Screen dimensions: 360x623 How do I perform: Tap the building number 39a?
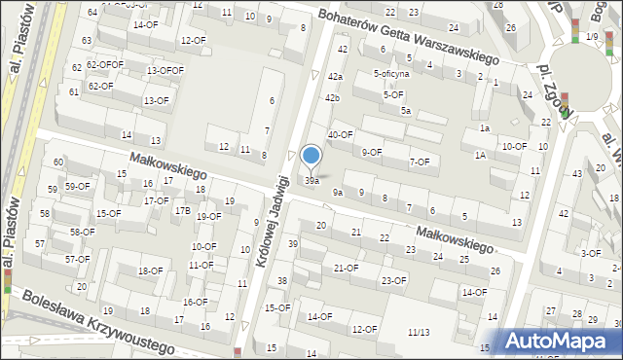(311, 181)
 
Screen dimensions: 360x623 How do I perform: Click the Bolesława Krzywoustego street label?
(97, 322)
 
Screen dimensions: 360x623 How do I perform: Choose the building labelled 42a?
(335, 76)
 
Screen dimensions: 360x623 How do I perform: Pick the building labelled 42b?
(333, 98)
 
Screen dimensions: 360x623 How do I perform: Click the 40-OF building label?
(340, 135)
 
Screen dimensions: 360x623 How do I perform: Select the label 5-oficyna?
(391, 73)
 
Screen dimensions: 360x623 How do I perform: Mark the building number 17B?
(182, 210)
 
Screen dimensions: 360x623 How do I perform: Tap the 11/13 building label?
(420, 332)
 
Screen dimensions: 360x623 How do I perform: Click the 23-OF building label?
(394, 281)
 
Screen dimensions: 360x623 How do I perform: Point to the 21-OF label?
(347, 268)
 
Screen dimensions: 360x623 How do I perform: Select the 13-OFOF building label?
(165, 71)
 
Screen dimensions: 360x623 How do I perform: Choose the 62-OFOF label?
(105, 65)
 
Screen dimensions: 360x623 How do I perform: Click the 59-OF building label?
(77, 186)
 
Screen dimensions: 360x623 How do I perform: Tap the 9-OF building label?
(372, 152)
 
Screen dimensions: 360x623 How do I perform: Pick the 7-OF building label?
(420, 162)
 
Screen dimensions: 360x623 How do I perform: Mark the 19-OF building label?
(208, 217)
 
